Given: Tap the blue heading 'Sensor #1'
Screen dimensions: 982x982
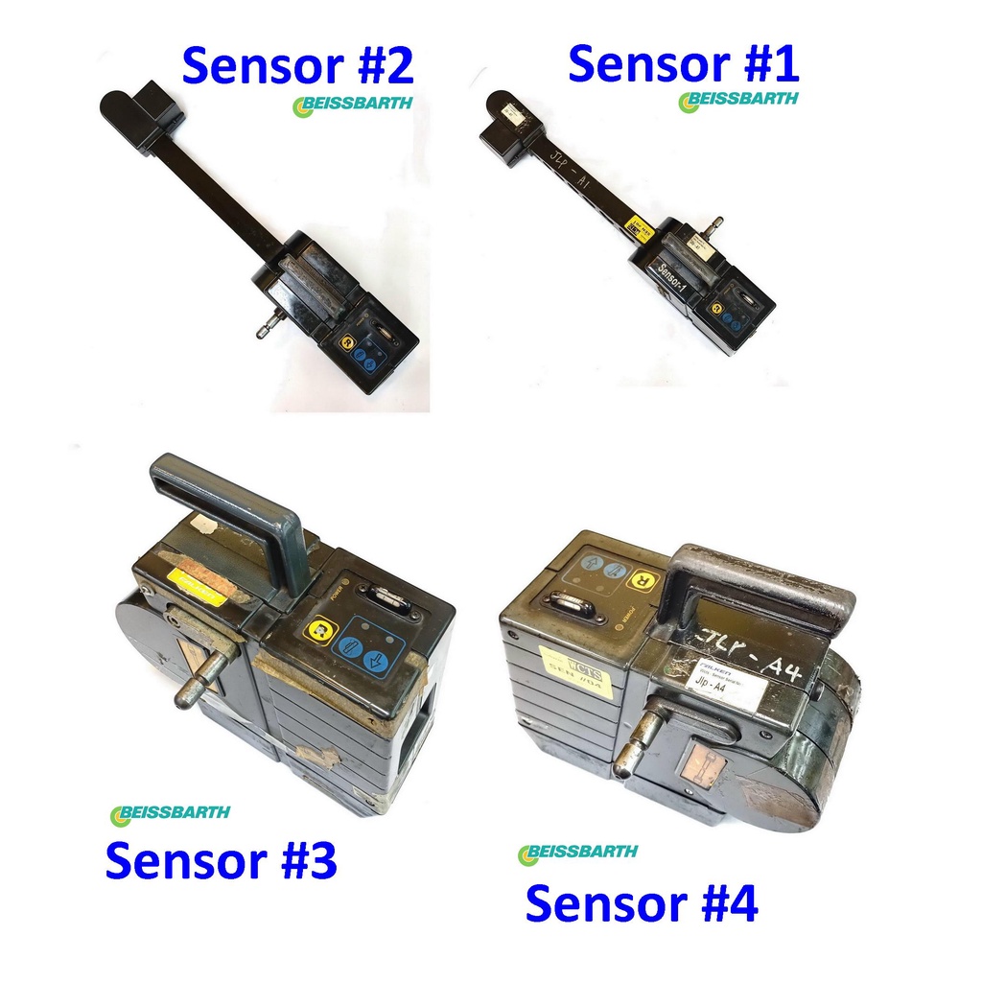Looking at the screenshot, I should tap(683, 64).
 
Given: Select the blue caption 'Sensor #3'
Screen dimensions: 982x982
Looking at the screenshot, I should tap(221, 860).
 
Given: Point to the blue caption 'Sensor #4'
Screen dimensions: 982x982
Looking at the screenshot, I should tap(642, 903).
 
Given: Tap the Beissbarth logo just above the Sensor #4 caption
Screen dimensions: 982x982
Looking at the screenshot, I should tap(577, 853).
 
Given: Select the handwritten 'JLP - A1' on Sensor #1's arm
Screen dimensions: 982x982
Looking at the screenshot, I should tap(568, 169).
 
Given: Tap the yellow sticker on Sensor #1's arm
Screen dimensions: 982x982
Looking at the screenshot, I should tap(636, 225).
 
